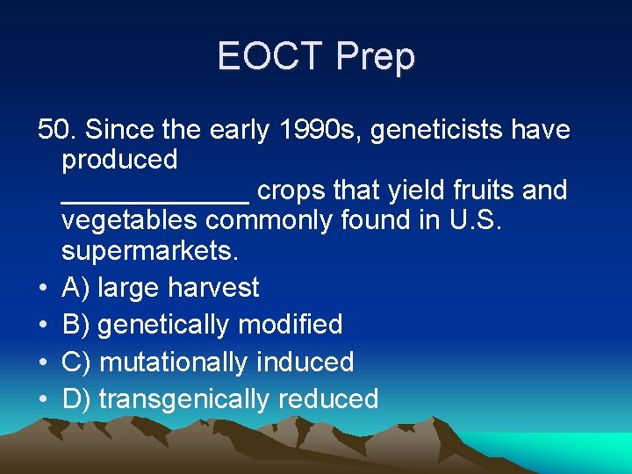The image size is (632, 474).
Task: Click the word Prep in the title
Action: (376, 57)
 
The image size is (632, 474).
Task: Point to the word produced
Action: (119, 160)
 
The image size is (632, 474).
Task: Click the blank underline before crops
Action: (155, 198)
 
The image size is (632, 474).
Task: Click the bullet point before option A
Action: (42, 288)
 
